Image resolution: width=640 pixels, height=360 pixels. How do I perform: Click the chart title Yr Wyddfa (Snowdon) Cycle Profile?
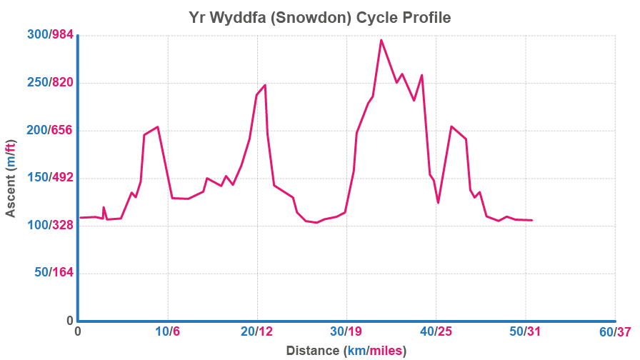[320, 16]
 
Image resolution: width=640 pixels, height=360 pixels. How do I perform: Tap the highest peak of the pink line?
[381, 39]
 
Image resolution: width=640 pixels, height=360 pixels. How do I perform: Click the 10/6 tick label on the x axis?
[167, 332]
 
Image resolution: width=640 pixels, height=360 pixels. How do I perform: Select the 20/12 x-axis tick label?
[257, 332]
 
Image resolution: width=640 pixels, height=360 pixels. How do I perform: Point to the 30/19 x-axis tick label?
[346, 332]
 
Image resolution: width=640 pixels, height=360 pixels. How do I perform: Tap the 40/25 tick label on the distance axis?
[436, 332]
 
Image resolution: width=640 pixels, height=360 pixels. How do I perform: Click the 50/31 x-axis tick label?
[526, 332]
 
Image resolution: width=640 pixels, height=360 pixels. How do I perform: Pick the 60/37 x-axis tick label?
[616, 332]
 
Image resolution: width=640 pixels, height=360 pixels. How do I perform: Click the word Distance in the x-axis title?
[312, 351]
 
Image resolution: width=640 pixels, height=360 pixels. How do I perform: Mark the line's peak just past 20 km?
[265, 85]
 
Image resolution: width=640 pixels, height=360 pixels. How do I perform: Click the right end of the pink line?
[532, 220]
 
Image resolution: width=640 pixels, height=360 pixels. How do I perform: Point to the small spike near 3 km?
[104, 207]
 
